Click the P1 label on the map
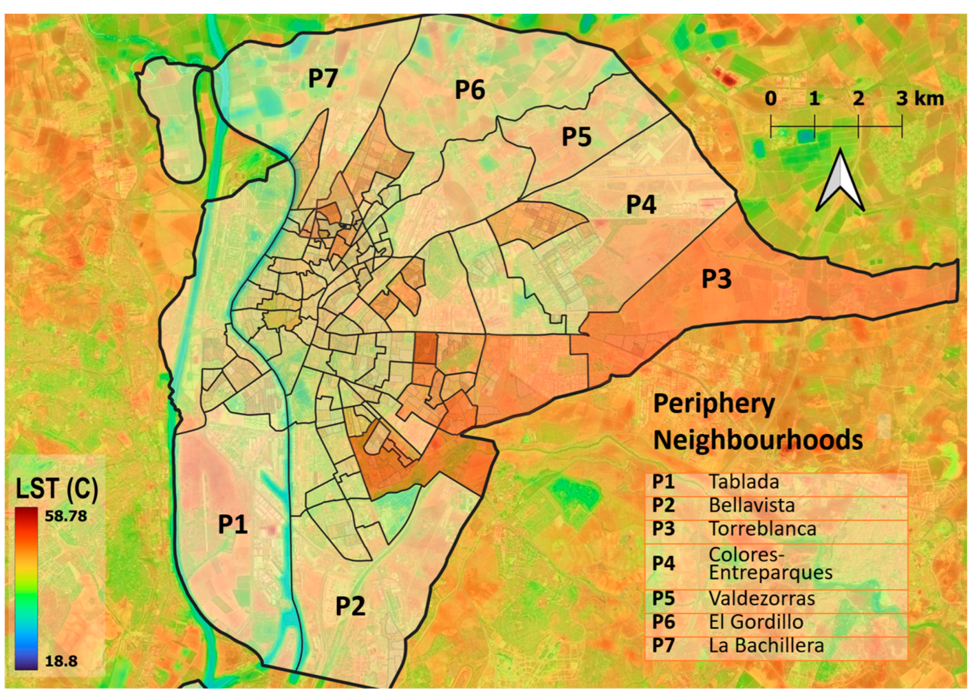[x=232, y=524]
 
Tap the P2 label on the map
[x=350, y=606]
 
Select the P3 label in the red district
[x=716, y=279]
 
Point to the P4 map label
[x=641, y=205]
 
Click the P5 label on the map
[x=576, y=137]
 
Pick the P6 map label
[x=470, y=90]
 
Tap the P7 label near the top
[x=323, y=78]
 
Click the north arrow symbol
[x=840, y=182]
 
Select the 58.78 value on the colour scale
[x=66, y=516]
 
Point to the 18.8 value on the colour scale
[x=61, y=661]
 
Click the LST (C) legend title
[x=57, y=488]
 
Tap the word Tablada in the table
[x=743, y=482]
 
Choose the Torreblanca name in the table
[x=762, y=529]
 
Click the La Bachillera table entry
[x=766, y=645]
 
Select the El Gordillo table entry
[x=755, y=622]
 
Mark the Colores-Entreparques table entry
[x=770, y=563]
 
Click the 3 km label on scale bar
[x=919, y=99]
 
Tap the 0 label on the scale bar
[x=770, y=99]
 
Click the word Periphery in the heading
[x=714, y=404]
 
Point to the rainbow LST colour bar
[x=26, y=588]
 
